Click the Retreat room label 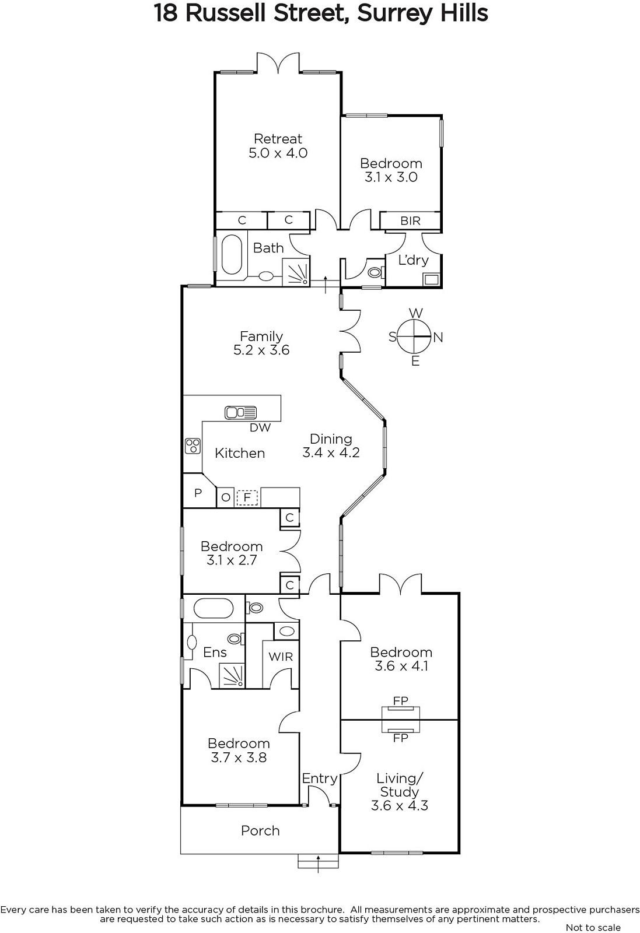tap(278, 138)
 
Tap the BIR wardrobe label tap(410, 221)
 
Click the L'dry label tap(413, 260)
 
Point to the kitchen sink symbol tap(240, 412)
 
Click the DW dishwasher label tap(260, 427)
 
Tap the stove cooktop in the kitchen tap(193, 446)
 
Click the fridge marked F tap(247, 498)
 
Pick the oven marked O tap(225, 497)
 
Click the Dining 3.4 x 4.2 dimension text tap(331, 453)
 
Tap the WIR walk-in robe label tap(281, 657)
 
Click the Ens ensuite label tap(215, 653)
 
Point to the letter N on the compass tap(438, 338)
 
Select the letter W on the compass tap(415, 313)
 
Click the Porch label tap(260, 830)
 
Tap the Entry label tap(320, 778)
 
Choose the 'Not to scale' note tap(593, 927)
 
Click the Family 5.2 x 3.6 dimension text tap(261, 350)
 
